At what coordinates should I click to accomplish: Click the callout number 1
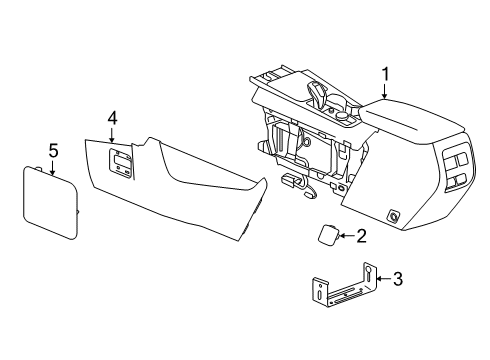384,73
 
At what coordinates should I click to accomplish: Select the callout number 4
113,119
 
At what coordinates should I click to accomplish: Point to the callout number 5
54,151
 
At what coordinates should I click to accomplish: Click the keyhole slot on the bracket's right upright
367,272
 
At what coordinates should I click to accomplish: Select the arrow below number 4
113,135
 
